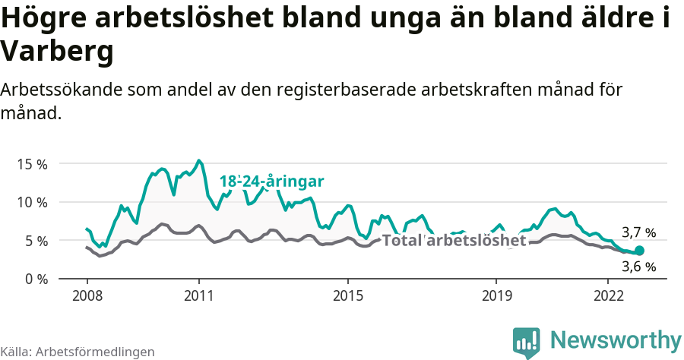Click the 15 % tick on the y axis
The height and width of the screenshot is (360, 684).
[32, 164]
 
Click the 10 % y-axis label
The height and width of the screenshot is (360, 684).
[32, 202]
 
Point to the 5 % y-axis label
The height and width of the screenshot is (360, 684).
[35, 241]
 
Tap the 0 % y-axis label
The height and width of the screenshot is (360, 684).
[35, 279]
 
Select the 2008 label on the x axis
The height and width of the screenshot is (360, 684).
[87, 295]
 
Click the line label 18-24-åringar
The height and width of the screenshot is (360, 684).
[271, 182]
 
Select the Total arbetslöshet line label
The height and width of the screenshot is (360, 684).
[454, 241]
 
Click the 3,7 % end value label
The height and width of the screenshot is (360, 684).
[638, 233]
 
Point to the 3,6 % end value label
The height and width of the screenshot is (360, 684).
[638, 267]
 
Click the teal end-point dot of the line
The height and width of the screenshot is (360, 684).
[639, 251]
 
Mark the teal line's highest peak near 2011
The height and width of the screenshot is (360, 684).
[198, 160]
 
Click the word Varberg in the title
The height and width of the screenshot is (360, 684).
[57, 52]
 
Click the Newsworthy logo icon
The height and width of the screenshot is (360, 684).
[526, 341]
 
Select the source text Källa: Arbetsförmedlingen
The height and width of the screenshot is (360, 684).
[78, 352]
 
